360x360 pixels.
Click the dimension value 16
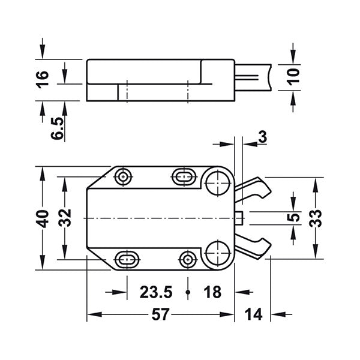[x=41, y=80]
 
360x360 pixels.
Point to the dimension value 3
[x=262, y=136]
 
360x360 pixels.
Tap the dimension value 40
[x=41, y=217]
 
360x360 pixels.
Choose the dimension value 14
[x=253, y=314]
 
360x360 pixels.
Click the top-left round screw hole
[x=124, y=176]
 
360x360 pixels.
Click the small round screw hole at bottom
[x=188, y=259]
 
